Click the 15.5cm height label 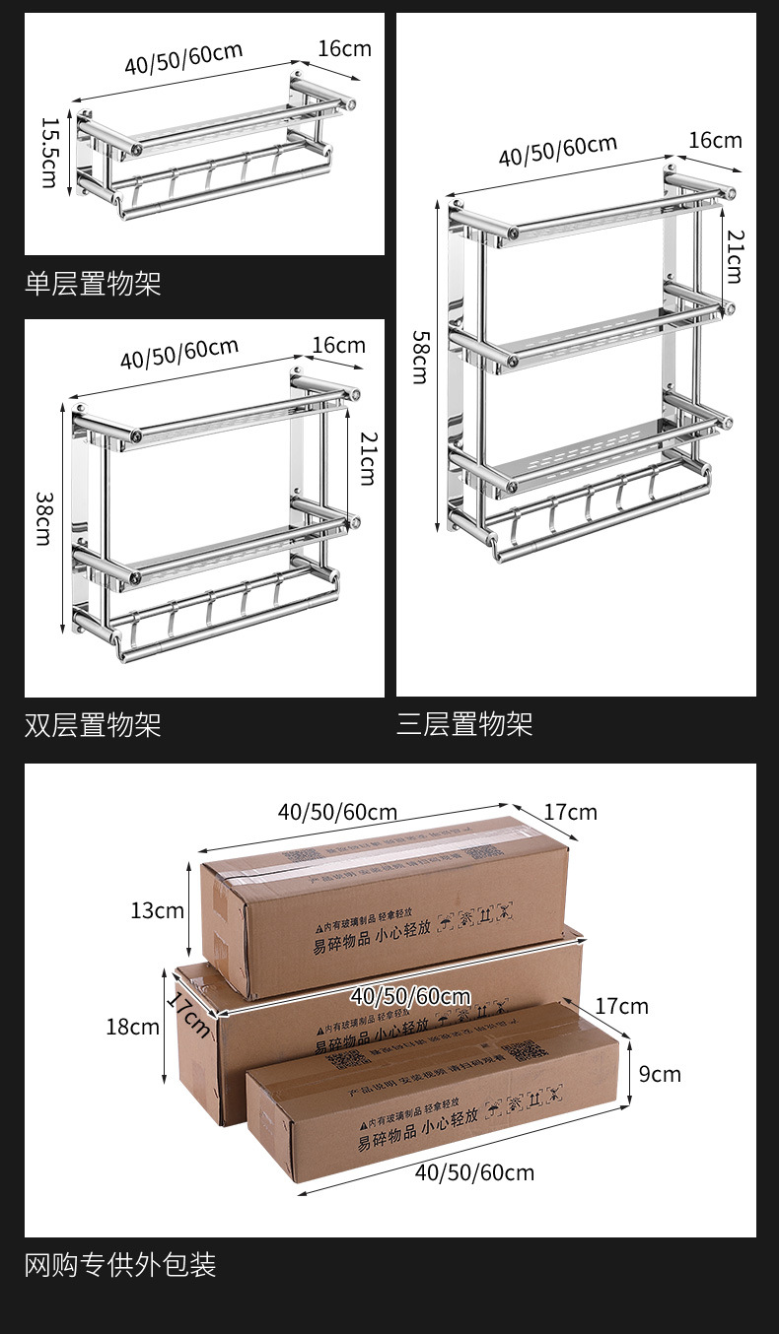point(48,153)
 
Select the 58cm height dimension point(420,357)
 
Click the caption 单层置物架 point(93,285)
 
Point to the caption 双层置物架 point(93,726)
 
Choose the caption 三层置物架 point(464,725)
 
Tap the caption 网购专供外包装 point(120,1264)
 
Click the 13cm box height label point(157,910)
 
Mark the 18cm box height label point(132,1027)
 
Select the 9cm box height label point(660,1073)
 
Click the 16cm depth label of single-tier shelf point(344,48)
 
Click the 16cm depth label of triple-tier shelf point(715,140)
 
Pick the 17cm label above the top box point(570,812)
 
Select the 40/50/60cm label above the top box point(337,812)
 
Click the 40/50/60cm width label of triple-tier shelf point(557,151)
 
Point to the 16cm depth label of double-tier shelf point(338,345)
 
